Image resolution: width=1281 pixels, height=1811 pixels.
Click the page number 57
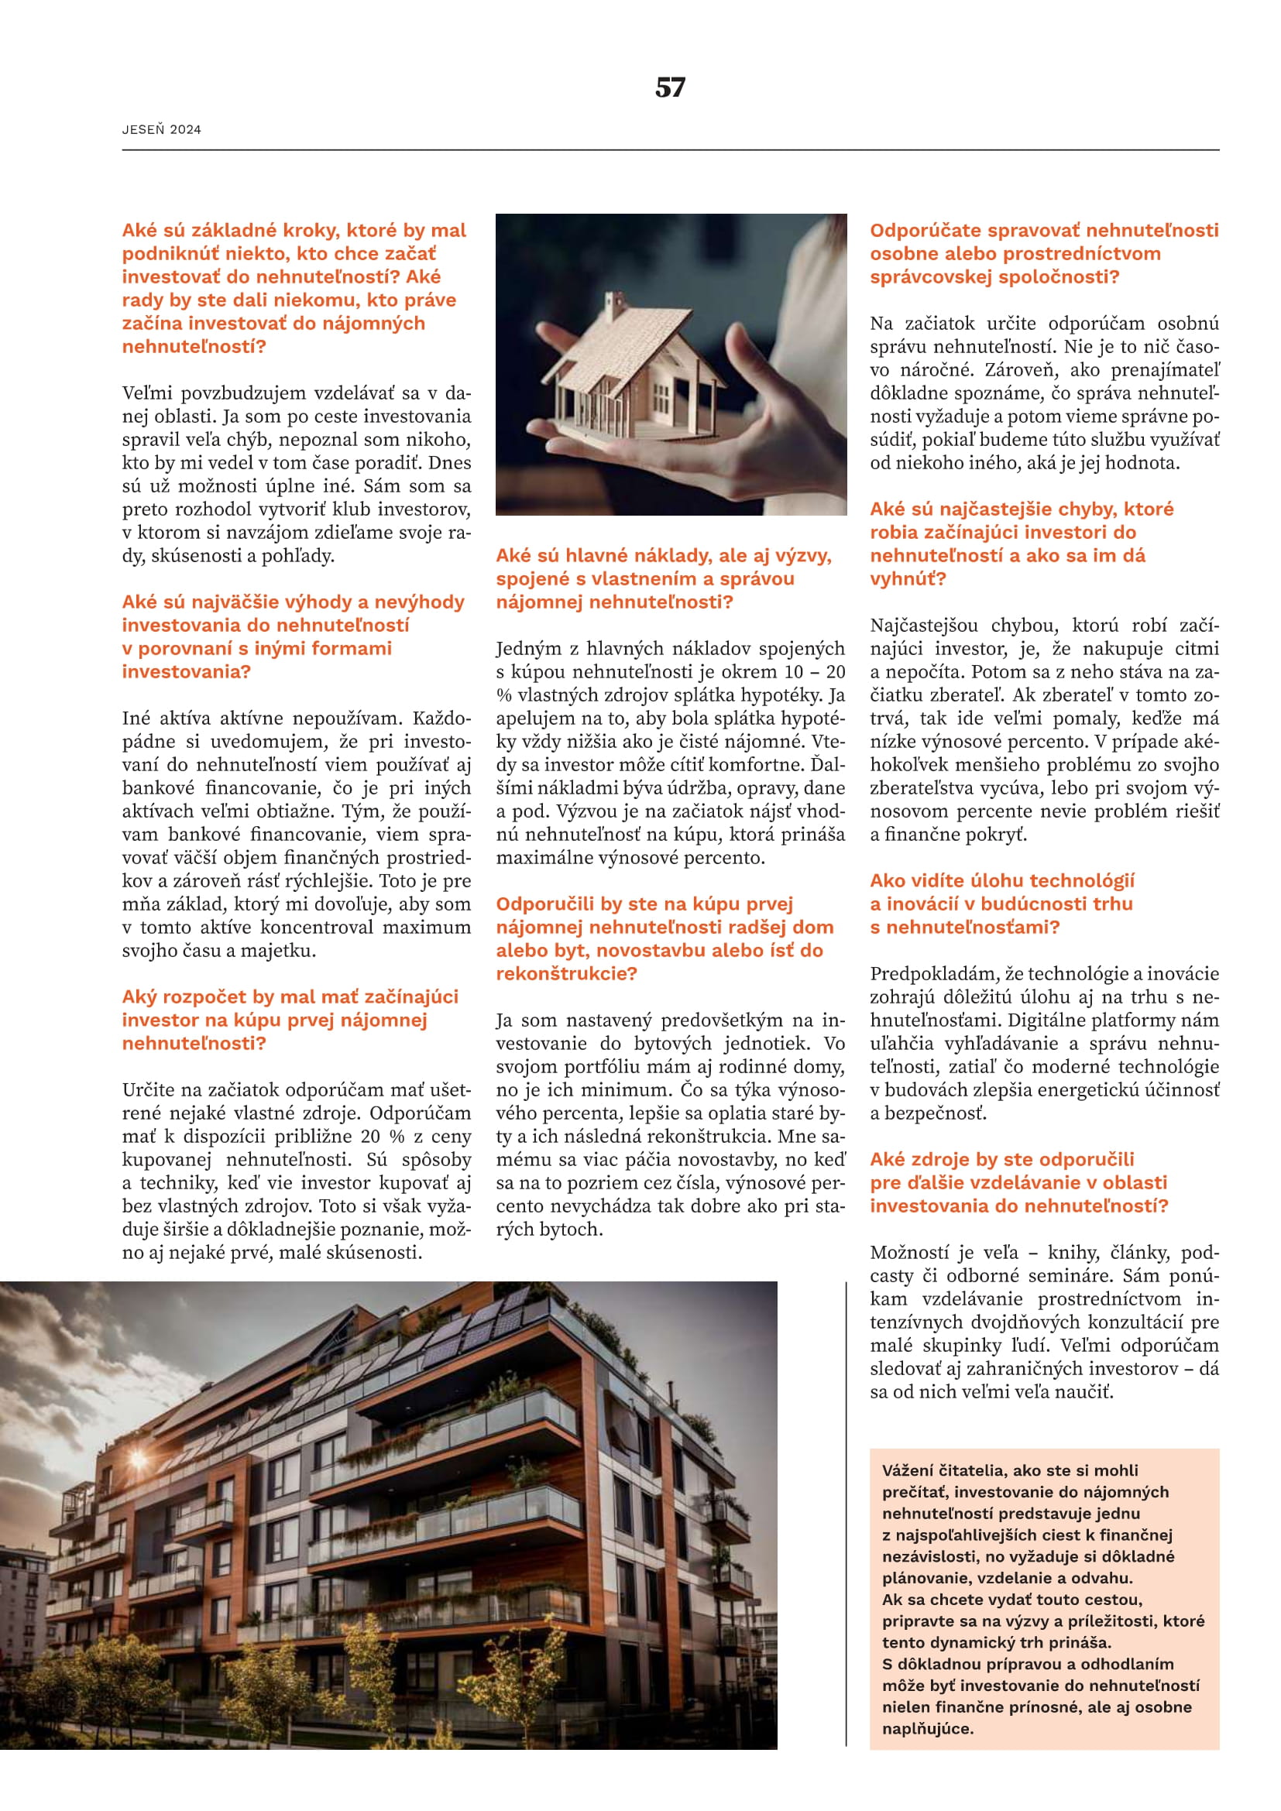click(670, 87)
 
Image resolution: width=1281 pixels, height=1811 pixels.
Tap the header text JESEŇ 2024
click(161, 129)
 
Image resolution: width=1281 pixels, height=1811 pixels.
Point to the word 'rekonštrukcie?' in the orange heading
click(565, 973)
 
